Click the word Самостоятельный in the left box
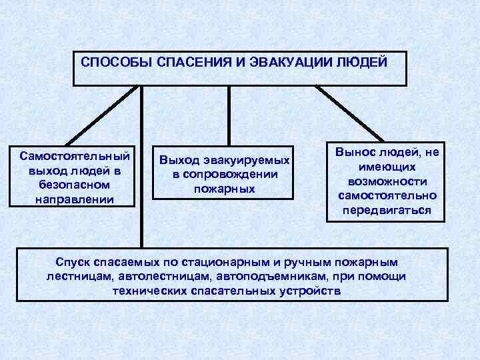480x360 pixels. [x=75, y=156]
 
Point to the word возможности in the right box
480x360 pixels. [x=387, y=181]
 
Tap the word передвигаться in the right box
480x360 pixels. [x=387, y=211]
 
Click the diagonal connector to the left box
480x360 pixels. [x=107, y=113]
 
